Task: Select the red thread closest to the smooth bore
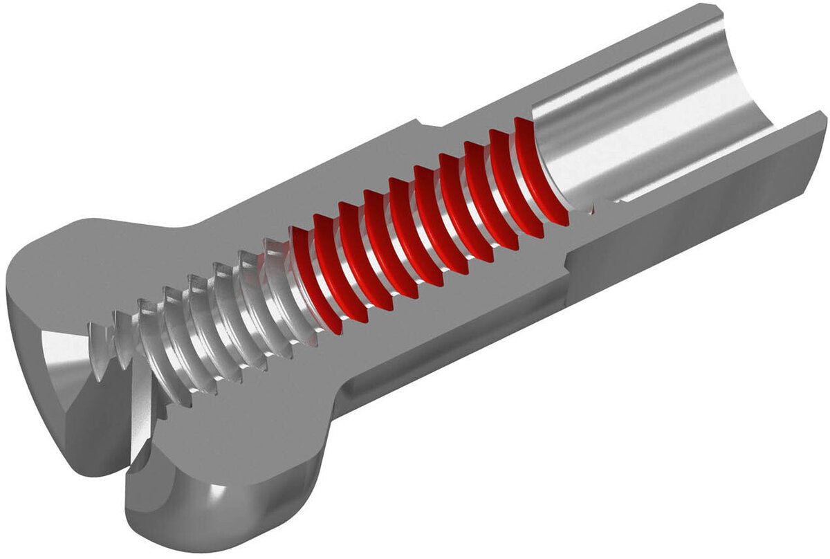(x=536, y=173)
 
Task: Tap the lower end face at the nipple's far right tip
(x=816, y=125)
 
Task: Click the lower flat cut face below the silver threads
(x=263, y=429)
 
